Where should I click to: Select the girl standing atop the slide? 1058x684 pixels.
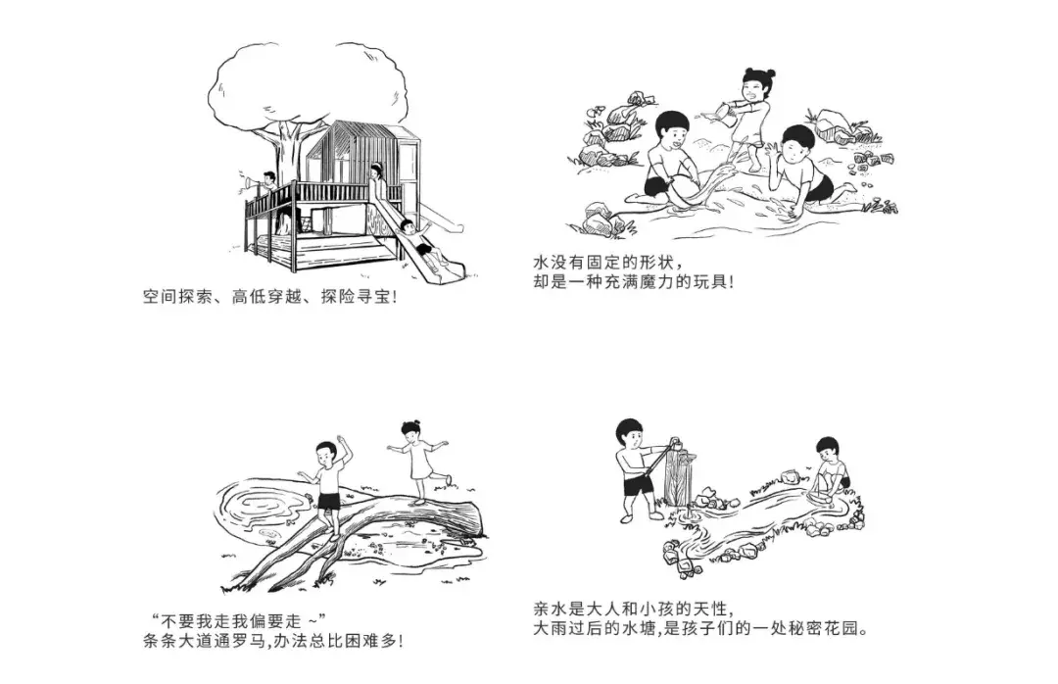click(377, 186)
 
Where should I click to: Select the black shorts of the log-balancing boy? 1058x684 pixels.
click(330, 502)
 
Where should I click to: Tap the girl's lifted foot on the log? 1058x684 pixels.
click(450, 479)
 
